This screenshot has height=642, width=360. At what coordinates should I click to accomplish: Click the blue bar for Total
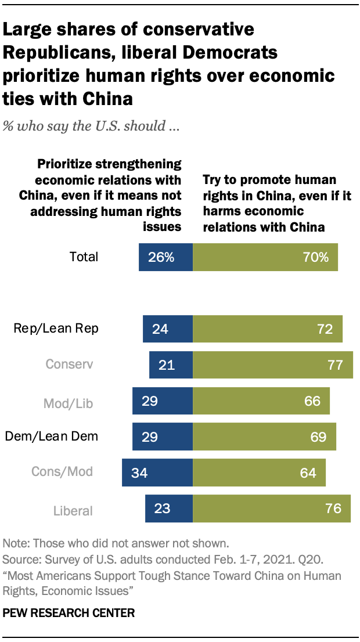165,257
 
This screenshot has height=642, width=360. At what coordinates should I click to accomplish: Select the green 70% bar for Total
265,257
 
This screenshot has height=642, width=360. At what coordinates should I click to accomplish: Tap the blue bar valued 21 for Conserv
171,365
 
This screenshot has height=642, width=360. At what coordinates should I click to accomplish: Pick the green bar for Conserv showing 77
273,365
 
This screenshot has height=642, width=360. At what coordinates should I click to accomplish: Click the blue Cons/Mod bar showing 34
157,473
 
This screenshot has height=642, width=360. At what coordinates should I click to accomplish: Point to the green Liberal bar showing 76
272,508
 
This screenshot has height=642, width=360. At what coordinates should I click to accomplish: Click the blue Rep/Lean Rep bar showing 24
168,329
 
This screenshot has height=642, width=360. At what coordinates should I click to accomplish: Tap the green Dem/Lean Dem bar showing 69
264,437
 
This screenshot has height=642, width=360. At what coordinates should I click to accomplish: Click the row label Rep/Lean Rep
56,329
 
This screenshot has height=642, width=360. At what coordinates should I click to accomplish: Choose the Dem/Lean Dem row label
52,437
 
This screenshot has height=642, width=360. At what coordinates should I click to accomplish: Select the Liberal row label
73,511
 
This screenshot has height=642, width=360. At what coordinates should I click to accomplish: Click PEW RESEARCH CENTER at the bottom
69,612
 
